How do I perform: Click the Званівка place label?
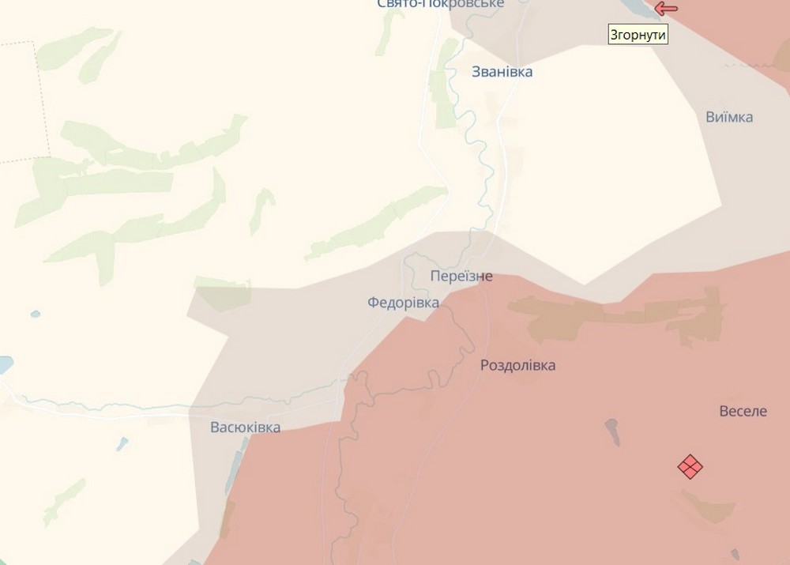click(x=502, y=72)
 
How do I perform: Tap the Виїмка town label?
click(x=729, y=118)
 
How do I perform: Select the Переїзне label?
click(x=461, y=276)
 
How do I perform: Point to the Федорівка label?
click(x=403, y=303)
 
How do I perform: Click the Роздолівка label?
click(x=517, y=365)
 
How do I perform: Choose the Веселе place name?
click(x=743, y=411)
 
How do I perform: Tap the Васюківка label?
click(x=245, y=428)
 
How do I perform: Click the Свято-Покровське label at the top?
click(x=440, y=4)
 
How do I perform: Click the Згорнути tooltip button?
click(x=638, y=35)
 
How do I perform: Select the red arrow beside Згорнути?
click(x=666, y=9)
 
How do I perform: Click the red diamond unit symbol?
click(x=690, y=466)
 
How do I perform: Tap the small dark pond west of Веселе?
click(x=612, y=431)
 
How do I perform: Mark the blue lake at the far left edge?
click(x=4, y=364)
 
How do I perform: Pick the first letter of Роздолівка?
click(x=485, y=365)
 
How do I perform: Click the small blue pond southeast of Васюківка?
click(x=122, y=444)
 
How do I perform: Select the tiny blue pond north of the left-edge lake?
click(x=36, y=315)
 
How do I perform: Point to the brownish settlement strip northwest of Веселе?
click(x=624, y=316)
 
